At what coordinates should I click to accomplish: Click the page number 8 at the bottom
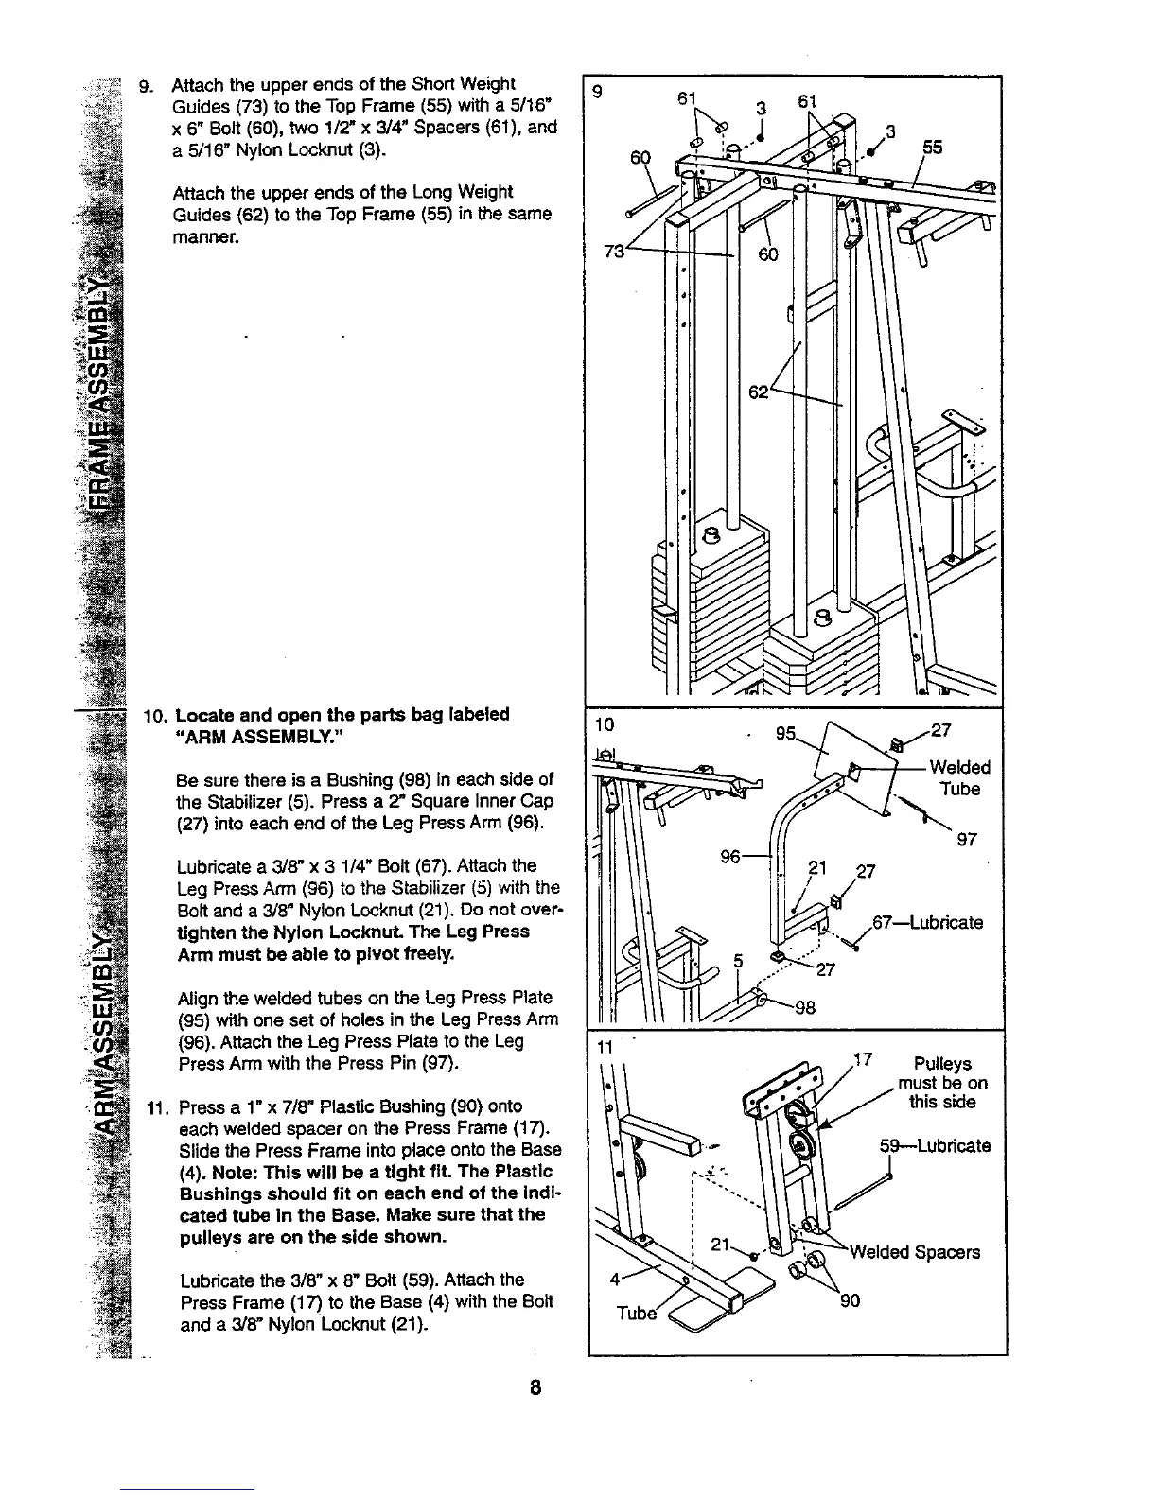[x=535, y=1387]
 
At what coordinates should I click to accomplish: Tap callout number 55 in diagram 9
[x=933, y=148]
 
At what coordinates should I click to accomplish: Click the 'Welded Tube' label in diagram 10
[x=959, y=777]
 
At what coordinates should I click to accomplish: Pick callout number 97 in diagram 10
[x=966, y=839]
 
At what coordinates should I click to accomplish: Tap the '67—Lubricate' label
[x=927, y=922]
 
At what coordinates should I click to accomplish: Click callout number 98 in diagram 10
[x=804, y=1007]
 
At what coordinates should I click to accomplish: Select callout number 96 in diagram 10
[x=730, y=857]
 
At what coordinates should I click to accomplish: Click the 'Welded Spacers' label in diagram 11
[x=914, y=1252]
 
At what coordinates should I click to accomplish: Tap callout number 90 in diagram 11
[x=851, y=1301]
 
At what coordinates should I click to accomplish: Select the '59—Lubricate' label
[x=935, y=1146]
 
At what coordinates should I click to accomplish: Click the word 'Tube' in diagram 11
[x=636, y=1314]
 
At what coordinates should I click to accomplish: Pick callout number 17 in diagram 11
[x=862, y=1060]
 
